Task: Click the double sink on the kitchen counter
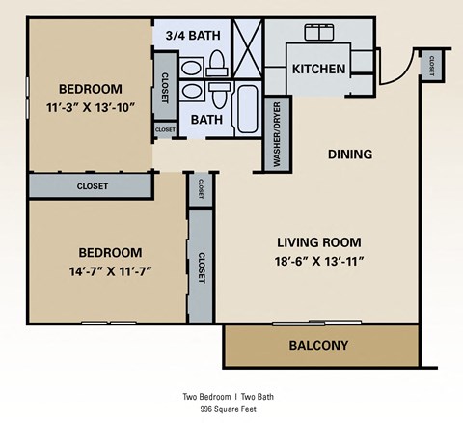318,33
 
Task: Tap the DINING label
349,154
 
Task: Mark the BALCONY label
318,345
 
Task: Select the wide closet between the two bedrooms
93,185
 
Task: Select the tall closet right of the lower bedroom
202,267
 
